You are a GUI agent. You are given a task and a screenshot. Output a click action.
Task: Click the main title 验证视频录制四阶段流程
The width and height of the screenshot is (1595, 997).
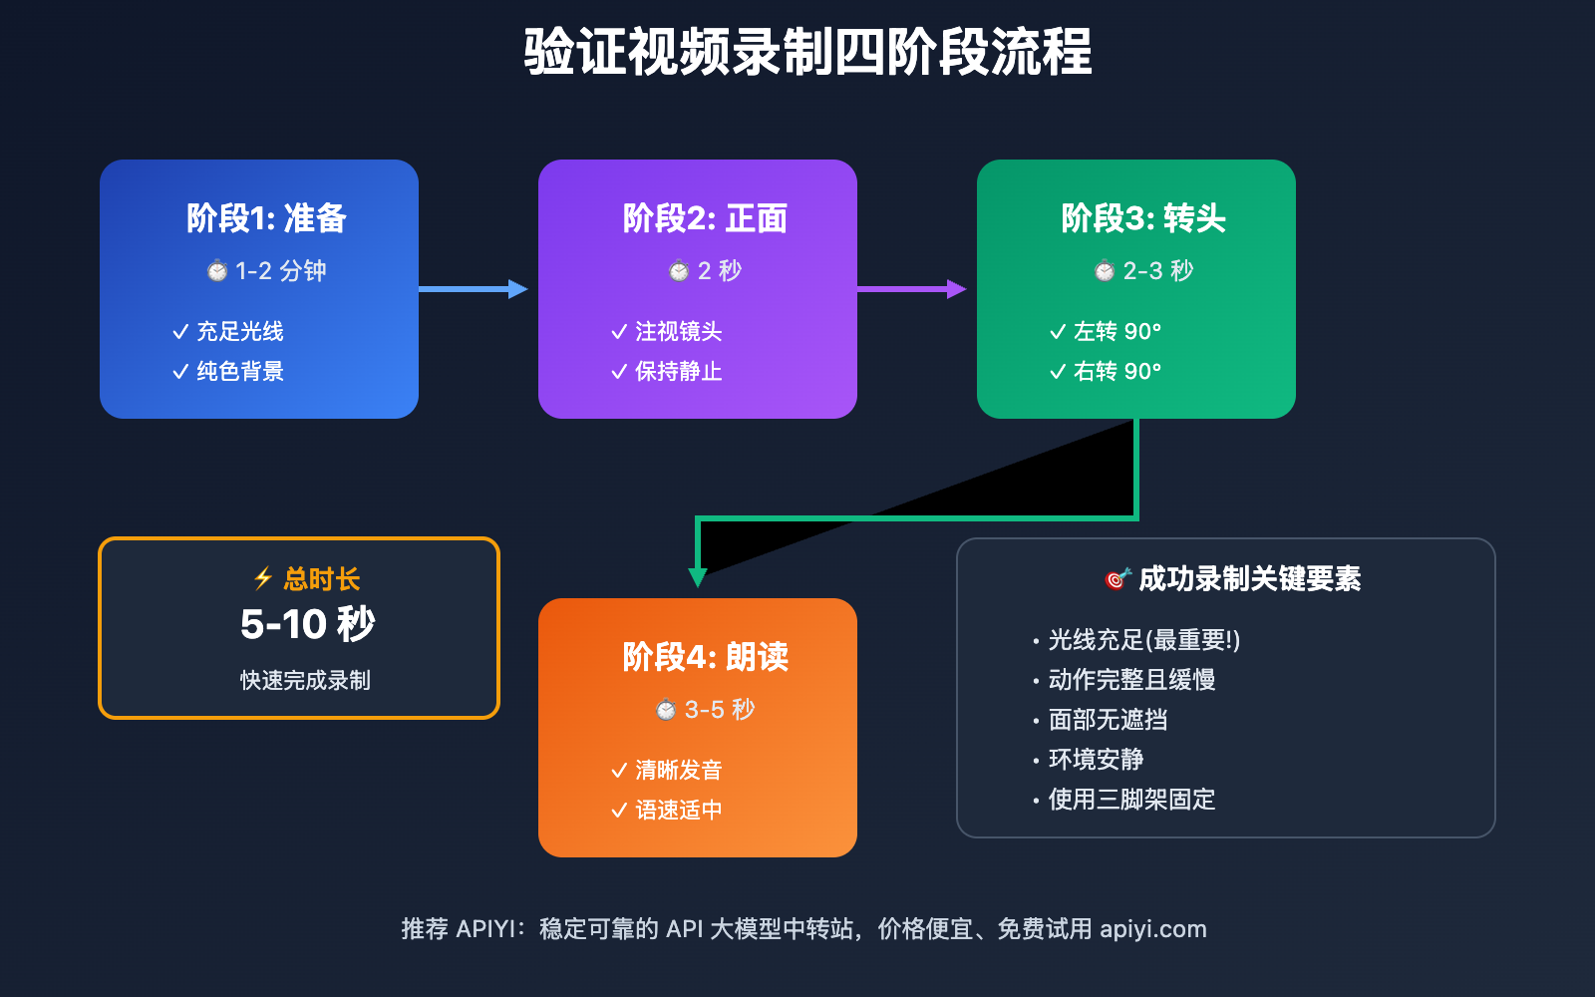pyautogui.click(x=807, y=52)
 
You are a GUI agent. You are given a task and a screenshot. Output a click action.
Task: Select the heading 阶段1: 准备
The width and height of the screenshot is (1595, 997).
pyautogui.click(x=266, y=218)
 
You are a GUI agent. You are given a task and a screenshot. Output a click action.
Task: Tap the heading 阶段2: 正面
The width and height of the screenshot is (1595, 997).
pyautogui.click(x=705, y=218)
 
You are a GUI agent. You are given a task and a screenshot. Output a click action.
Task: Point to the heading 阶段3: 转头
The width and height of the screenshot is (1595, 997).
pyautogui.click(x=1143, y=218)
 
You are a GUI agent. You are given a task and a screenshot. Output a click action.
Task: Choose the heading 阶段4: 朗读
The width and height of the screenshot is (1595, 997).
pyautogui.click(x=705, y=657)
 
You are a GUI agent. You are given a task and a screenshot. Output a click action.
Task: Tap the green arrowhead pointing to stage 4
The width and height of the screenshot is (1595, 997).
pyautogui.click(x=698, y=577)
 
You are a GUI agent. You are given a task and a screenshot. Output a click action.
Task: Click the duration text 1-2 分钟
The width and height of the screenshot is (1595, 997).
pyautogui.click(x=280, y=271)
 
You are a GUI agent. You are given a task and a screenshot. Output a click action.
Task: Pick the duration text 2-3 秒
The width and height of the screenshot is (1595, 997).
pyautogui.click(x=1157, y=271)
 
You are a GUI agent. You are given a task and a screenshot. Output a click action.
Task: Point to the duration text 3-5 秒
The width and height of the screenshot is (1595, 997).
pyautogui.click(x=719, y=710)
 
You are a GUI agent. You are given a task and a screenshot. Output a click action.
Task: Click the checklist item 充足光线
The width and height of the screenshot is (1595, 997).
pyautogui.click(x=239, y=331)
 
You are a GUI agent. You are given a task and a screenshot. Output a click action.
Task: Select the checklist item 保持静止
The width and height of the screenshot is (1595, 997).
pyautogui.click(x=678, y=371)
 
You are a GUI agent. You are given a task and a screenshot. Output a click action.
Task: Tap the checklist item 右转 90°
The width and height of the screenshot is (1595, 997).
pyautogui.click(x=1116, y=371)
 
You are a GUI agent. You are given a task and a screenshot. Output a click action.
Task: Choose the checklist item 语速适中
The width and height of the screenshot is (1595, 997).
pyautogui.click(x=678, y=810)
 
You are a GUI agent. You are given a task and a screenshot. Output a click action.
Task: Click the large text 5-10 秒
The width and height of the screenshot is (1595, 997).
pyautogui.click(x=307, y=625)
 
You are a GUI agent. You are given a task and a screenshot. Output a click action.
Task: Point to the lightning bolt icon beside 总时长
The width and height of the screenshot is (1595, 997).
pyautogui.click(x=263, y=578)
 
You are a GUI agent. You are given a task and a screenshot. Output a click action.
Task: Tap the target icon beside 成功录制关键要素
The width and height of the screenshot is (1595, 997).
pyautogui.click(x=1117, y=578)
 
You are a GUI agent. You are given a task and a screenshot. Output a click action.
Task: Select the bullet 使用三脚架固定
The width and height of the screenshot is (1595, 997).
pyautogui.click(x=1131, y=800)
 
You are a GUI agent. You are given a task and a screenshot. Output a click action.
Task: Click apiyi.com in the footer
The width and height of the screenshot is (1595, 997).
pyautogui.click(x=1152, y=929)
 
